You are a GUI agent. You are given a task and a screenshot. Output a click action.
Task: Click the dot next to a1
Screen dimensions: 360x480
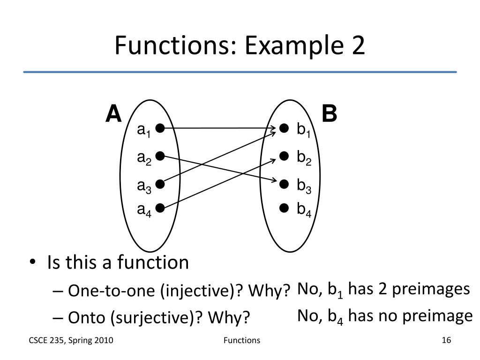(160, 128)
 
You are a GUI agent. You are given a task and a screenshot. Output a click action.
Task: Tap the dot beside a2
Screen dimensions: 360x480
(160, 156)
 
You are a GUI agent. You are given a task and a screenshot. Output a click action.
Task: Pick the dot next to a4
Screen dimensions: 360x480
(160, 207)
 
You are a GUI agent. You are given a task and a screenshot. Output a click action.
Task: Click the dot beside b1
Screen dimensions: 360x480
(284, 128)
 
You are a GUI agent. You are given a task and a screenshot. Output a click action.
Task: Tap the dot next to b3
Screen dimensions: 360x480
(284, 185)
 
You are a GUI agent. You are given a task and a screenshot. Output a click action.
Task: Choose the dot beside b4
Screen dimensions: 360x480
(284, 207)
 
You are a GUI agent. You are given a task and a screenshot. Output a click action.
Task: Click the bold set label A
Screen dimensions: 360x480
(113, 114)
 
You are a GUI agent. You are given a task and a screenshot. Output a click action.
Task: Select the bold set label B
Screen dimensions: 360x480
(329, 114)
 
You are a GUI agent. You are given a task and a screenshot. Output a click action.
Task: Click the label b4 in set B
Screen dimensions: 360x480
(304, 209)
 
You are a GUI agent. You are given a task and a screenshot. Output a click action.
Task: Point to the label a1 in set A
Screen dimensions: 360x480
(143, 130)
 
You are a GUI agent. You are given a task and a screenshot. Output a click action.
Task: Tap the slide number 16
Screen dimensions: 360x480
(446, 340)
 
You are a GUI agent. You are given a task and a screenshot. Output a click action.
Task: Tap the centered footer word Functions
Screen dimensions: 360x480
(241, 340)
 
